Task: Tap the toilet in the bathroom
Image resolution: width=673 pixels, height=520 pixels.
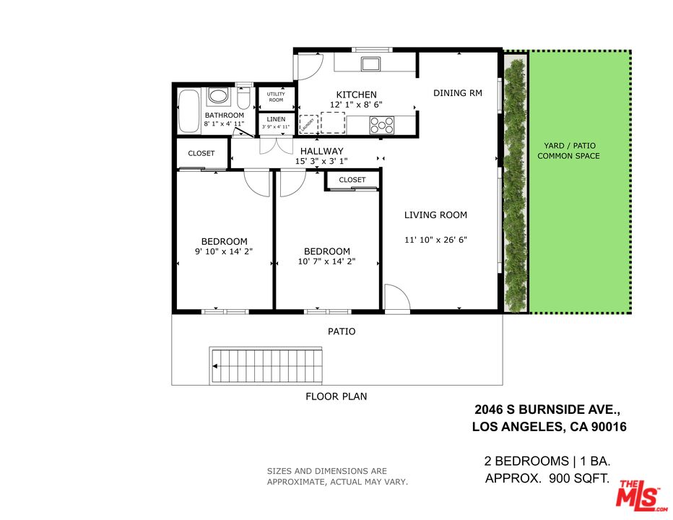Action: point(243,97)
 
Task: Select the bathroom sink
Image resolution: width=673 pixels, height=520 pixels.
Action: point(217,96)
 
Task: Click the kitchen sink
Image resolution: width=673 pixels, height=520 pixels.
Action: point(371,64)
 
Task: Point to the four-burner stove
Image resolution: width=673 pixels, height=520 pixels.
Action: point(382,125)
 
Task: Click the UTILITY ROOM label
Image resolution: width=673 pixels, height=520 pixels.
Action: point(276,97)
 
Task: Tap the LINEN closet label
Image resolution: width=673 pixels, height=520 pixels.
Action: point(276,119)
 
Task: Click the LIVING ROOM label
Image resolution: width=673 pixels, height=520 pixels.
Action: point(435,214)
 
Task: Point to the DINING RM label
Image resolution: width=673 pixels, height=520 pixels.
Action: point(457,93)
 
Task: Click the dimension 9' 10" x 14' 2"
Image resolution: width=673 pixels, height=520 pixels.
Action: point(224,252)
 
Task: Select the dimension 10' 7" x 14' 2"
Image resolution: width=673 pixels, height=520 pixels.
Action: point(326,261)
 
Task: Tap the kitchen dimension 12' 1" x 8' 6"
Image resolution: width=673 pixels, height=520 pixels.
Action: point(356,105)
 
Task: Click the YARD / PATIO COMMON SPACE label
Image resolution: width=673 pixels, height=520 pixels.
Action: point(571,151)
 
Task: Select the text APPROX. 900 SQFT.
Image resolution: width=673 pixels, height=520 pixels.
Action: point(547,478)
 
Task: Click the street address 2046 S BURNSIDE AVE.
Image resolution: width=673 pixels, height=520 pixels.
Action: point(548,409)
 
